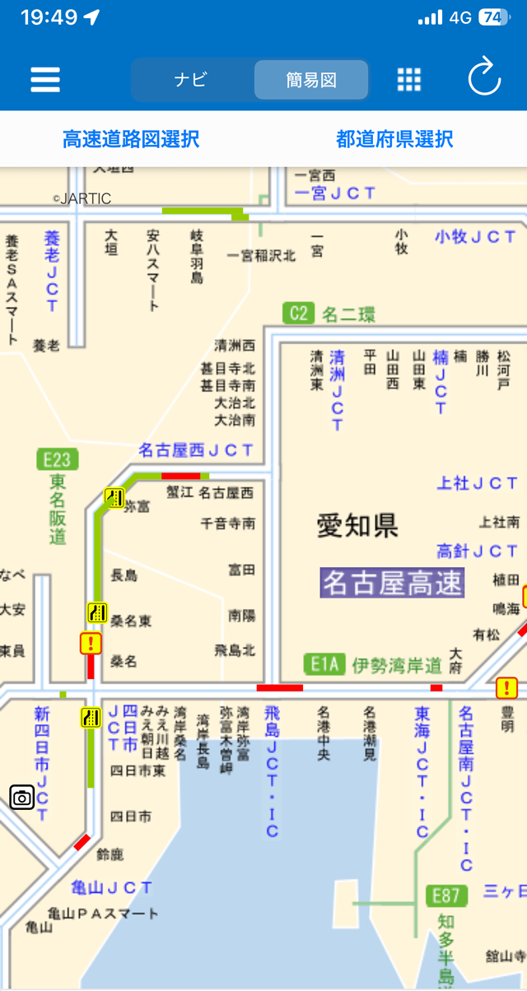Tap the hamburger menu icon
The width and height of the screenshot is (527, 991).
[45, 80]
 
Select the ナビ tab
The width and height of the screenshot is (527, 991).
[190, 80]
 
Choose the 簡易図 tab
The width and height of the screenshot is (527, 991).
[311, 80]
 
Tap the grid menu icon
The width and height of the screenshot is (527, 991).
[409, 80]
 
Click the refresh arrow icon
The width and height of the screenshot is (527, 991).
[484, 79]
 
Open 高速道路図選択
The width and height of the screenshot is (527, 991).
[131, 139]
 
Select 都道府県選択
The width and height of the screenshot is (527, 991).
[394, 139]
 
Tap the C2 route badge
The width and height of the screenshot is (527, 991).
[298, 313]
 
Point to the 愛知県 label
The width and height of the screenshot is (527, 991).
[357, 525]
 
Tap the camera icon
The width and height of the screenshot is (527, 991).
[22, 797]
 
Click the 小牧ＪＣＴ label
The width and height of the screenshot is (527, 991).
[478, 237]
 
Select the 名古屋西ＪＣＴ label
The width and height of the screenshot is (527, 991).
[196, 450]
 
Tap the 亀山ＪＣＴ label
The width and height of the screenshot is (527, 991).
[111, 887]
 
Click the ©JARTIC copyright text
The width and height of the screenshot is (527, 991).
[82, 198]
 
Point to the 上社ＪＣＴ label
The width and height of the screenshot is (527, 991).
[478, 483]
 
